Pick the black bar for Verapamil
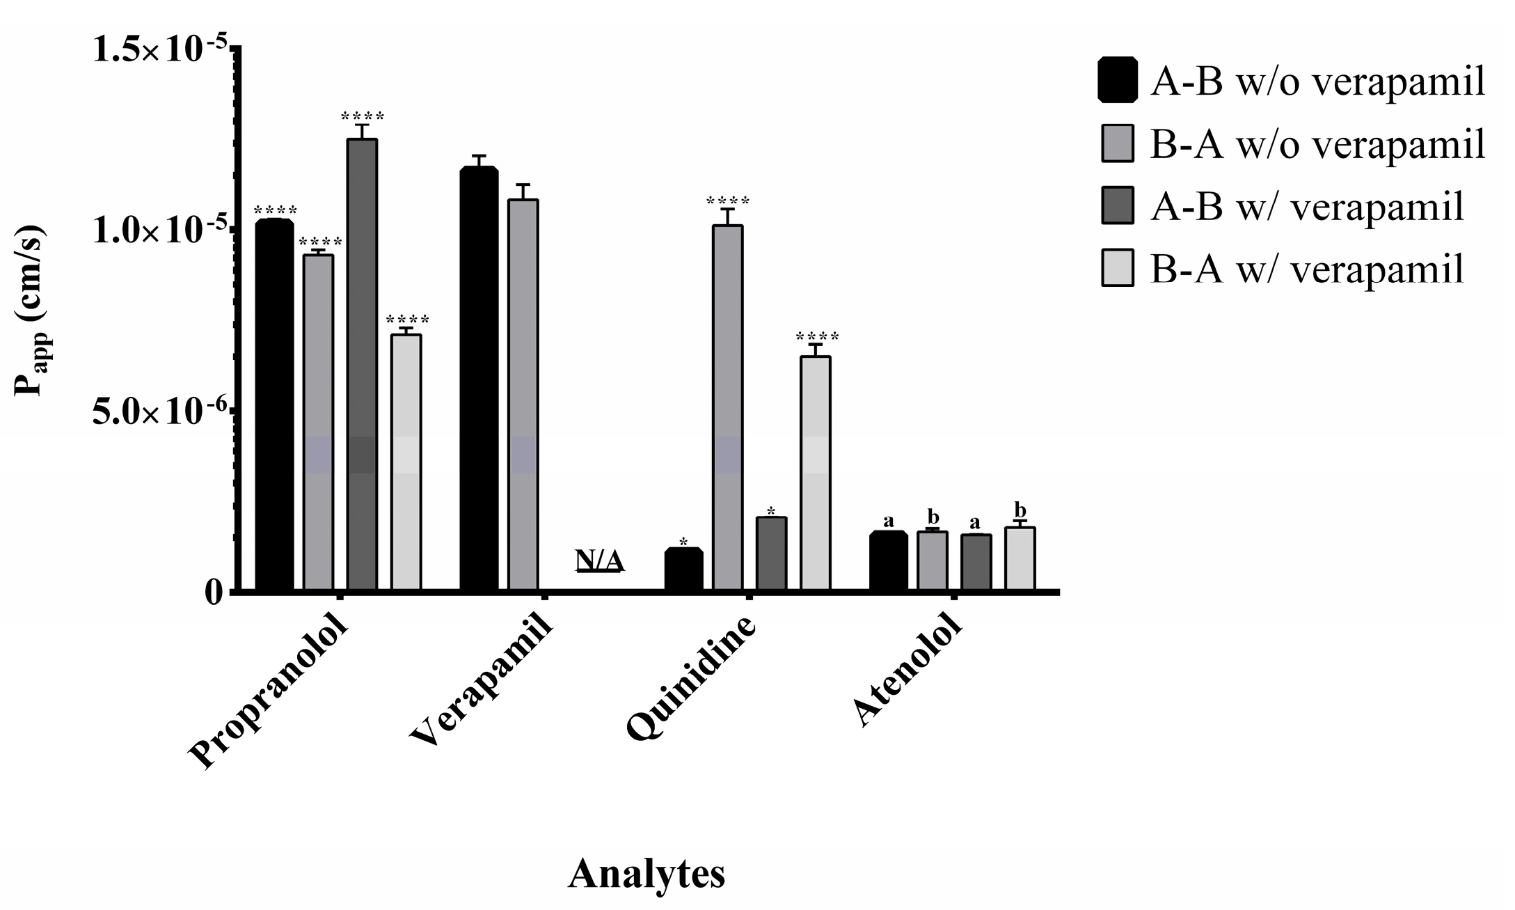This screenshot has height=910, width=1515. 479,379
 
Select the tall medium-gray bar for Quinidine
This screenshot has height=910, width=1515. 728,407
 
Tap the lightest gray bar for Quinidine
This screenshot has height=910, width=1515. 815,473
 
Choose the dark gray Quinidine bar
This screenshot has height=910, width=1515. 771,554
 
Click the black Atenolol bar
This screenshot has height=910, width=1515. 889,561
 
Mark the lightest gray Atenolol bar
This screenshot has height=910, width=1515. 1020,558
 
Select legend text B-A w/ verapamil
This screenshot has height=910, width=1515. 1307,269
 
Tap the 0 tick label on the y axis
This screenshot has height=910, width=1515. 214,592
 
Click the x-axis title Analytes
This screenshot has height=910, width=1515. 646,874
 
